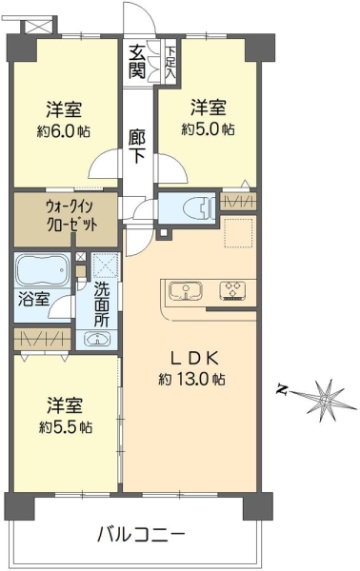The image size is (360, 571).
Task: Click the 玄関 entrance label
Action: coord(137,62)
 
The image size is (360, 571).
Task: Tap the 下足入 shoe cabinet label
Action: coord(170,63)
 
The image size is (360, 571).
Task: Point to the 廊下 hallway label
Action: coord(137,146)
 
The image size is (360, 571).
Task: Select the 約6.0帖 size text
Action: coord(64,130)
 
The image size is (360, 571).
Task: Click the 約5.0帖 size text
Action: coord(208,128)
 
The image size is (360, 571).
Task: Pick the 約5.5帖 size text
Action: coord(66,426)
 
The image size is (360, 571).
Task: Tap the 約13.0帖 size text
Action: coord(191,380)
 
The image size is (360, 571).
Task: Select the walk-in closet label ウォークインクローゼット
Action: coord(71,217)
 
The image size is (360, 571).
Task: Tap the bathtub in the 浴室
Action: coord(44,270)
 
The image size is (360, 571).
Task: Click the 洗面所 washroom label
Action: coord(102,305)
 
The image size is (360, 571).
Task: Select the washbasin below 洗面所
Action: coord(97,340)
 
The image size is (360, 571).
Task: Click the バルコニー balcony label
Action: coord(141,535)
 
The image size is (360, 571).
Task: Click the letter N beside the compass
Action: coord(281,389)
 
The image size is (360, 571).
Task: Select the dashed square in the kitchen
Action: coord(238,233)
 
